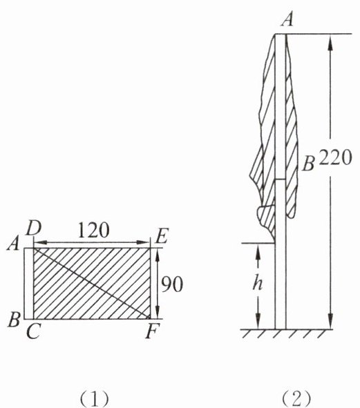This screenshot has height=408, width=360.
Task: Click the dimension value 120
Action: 93,230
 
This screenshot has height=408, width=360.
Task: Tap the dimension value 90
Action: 171,284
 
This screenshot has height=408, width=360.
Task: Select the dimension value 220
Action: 336,157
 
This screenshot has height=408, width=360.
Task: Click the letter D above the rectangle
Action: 33,229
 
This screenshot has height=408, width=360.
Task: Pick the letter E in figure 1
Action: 162,235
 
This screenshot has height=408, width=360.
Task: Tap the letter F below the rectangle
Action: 151,331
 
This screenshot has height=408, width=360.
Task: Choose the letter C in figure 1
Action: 33,331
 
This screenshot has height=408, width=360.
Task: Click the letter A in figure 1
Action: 14,244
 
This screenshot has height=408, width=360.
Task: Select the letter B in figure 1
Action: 14,319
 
